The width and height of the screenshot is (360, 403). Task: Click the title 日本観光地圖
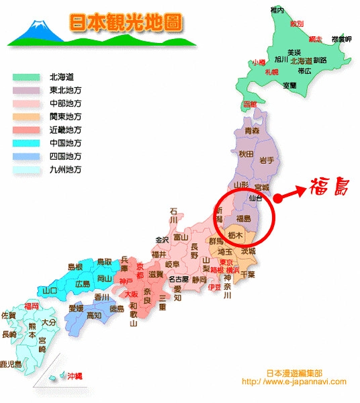coord(126,21)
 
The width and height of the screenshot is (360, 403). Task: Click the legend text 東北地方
coord(66,89)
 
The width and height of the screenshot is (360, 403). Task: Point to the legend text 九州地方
coord(66,170)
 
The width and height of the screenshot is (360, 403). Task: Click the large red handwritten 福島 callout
coord(328,187)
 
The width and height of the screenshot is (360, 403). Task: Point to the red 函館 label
coord(250,104)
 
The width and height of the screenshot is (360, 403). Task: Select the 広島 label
coord(83,283)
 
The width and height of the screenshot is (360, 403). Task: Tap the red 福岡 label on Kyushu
coord(31,306)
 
